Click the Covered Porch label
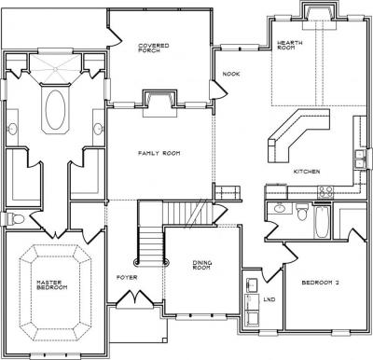[154, 48]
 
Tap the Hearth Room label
[289, 45]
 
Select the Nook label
[231, 74]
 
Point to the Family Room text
[159, 153]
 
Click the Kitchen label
[307, 172]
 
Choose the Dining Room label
[202, 265]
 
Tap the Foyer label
[127, 277]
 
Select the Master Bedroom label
[52, 284]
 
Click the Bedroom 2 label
[320, 283]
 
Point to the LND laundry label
[269, 299]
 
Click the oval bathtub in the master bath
[55, 109]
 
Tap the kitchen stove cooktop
[325, 192]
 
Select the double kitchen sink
[360, 159]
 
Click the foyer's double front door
[135, 298]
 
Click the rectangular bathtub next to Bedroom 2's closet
[322, 222]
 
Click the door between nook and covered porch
[220, 90]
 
